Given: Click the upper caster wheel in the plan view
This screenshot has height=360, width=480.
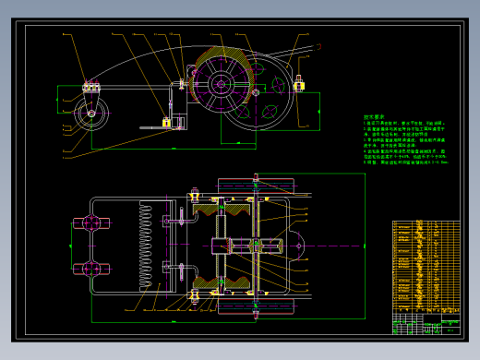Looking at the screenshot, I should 91,222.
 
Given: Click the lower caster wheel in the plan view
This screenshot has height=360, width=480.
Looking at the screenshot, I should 91,269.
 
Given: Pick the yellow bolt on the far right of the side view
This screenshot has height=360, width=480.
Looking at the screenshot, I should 299,86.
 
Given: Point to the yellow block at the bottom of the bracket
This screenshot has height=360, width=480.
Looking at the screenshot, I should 166,122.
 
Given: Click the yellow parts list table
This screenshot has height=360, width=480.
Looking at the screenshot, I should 426,265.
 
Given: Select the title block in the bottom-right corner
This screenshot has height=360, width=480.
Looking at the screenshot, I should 426,323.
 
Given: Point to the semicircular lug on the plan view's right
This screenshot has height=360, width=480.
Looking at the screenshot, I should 297,246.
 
